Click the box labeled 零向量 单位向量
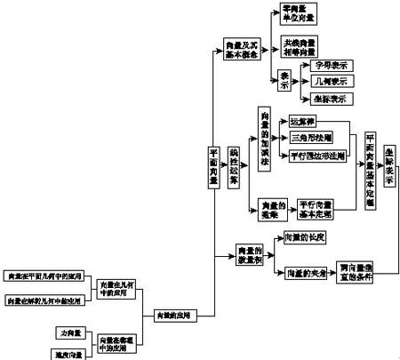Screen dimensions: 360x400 tap(300, 13)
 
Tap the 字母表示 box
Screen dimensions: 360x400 tap(329, 66)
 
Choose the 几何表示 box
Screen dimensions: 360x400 tap(329, 82)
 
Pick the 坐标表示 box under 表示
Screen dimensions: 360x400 tap(329, 99)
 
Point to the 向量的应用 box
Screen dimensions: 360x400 tap(171, 314)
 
